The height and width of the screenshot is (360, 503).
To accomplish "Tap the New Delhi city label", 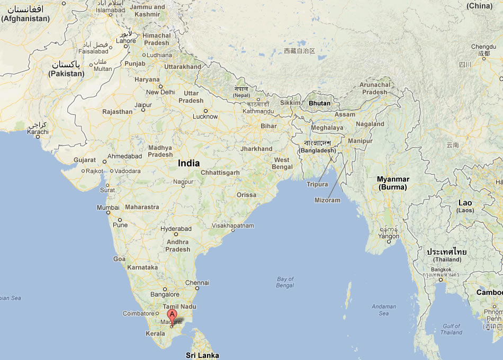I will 160,92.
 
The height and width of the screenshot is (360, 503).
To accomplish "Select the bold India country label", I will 188,163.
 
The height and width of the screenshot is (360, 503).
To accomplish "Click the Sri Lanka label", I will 202,355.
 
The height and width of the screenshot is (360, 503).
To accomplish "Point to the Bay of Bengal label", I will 285,282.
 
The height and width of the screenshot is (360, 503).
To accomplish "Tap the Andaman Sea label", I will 383,310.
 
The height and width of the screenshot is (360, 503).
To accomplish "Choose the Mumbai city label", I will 107,208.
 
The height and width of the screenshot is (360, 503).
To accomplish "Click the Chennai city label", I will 197,283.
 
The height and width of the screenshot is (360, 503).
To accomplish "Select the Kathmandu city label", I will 258,111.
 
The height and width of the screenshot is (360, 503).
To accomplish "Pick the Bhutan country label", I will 319,103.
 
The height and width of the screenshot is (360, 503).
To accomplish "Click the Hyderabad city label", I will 176,229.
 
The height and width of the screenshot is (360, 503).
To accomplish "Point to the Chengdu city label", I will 483,47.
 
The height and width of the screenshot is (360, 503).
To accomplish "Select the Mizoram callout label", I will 327,200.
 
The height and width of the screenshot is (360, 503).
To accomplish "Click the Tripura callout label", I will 317,184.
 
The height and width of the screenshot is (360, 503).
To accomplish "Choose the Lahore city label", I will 126,41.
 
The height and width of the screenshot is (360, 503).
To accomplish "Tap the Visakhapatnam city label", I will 232,226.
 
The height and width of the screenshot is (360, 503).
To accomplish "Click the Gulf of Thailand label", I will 451,329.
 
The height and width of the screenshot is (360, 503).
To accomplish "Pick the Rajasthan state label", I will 118,112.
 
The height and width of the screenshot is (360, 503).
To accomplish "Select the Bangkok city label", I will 441,269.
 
